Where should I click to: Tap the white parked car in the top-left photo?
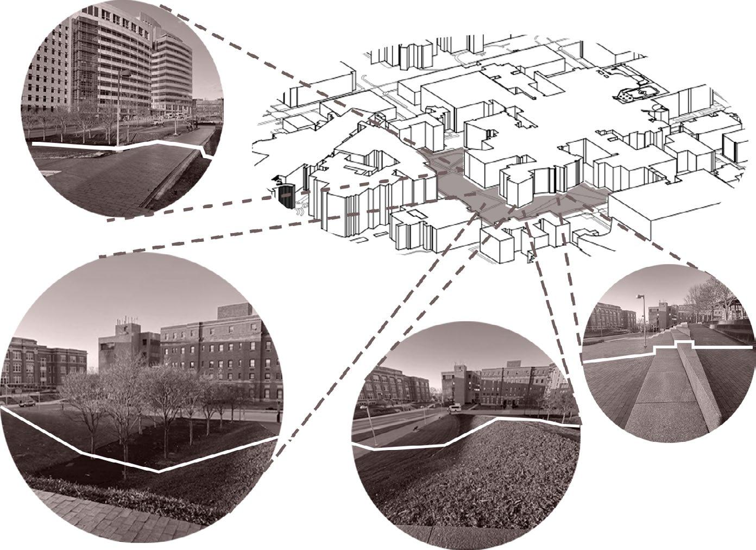157,123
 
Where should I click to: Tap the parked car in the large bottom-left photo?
27,403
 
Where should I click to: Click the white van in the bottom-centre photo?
455,407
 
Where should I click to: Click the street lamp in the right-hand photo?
642,321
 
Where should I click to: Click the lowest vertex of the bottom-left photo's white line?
158,472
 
